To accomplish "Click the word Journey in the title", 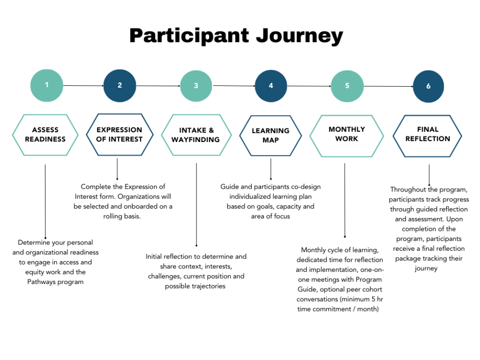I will (297, 36).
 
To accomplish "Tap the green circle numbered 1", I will (47, 85).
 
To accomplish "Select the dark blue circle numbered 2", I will (120, 86).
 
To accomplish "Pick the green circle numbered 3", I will (196, 86).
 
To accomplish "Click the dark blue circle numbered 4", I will (271, 86).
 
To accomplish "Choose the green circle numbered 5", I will (347, 86).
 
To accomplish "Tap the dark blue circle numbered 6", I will (428, 86).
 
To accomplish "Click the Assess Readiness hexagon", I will (45, 135).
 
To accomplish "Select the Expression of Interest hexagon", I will (119, 134).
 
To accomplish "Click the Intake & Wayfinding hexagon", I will (196, 135).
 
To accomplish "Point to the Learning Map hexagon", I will (270, 135).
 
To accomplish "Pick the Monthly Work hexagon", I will (347, 135).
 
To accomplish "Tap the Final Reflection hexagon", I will (428, 135).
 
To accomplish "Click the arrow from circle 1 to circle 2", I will (83, 86).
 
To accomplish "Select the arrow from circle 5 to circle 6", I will (387, 87).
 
